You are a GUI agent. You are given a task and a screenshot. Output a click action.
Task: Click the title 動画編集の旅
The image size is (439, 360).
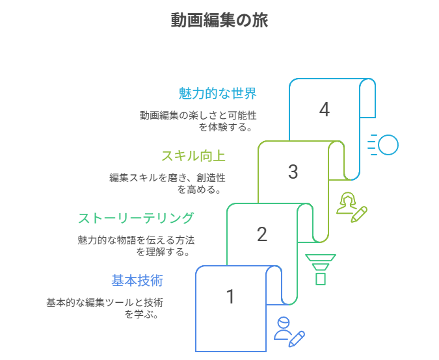click(x=219, y=20)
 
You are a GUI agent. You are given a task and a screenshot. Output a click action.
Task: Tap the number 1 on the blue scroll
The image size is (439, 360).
click(x=230, y=297)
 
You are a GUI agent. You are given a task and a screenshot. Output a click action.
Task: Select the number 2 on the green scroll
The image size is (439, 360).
click(x=261, y=235)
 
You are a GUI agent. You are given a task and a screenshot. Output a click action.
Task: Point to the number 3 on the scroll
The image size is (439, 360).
click(x=293, y=172)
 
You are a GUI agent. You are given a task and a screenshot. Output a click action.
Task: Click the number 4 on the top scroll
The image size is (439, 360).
click(x=325, y=110)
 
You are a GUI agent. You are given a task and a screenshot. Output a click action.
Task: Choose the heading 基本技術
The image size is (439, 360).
click(x=137, y=281)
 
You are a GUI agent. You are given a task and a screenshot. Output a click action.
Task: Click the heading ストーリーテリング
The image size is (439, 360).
click(x=135, y=218)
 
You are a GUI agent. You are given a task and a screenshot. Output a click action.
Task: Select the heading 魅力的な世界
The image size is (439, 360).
click(x=218, y=94)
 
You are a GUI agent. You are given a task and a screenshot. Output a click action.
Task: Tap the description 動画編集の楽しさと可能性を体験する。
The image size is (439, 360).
click(x=198, y=121)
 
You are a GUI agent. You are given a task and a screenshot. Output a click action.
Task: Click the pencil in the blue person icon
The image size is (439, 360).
click(x=297, y=338)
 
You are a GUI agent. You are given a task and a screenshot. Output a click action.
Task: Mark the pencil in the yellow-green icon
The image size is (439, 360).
click(x=360, y=214)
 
